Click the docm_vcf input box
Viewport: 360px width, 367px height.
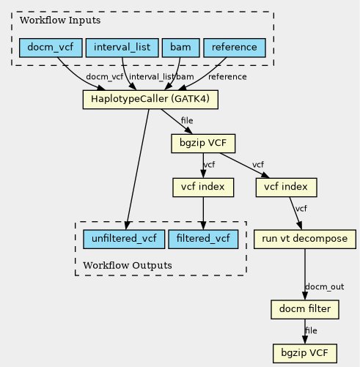point(51,48)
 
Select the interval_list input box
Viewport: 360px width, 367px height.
point(122,48)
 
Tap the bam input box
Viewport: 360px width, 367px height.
point(181,48)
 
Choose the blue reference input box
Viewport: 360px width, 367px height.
point(235,48)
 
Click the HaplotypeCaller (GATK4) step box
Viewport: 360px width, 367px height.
point(150,100)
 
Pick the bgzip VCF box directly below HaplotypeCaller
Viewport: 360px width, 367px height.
point(203,144)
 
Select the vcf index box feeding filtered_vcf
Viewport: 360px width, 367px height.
point(203,188)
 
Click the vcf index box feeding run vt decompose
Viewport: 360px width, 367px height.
point(286,188)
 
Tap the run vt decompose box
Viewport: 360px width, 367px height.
point(305,239)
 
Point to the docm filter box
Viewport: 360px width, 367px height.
point(305,309)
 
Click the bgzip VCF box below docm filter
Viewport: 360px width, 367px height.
point(305,353)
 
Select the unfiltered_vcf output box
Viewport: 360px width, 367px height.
point(124,239)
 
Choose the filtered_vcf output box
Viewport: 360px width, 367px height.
point(203,239)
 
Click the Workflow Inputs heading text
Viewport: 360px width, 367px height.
point(60,21)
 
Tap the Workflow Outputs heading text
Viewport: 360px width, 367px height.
point(128,265)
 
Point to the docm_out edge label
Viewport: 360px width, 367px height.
point(325,286)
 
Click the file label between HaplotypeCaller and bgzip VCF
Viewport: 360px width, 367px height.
point(187,121)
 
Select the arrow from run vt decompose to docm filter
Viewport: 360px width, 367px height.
point(305,274)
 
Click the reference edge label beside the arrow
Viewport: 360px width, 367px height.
point(227,77)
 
